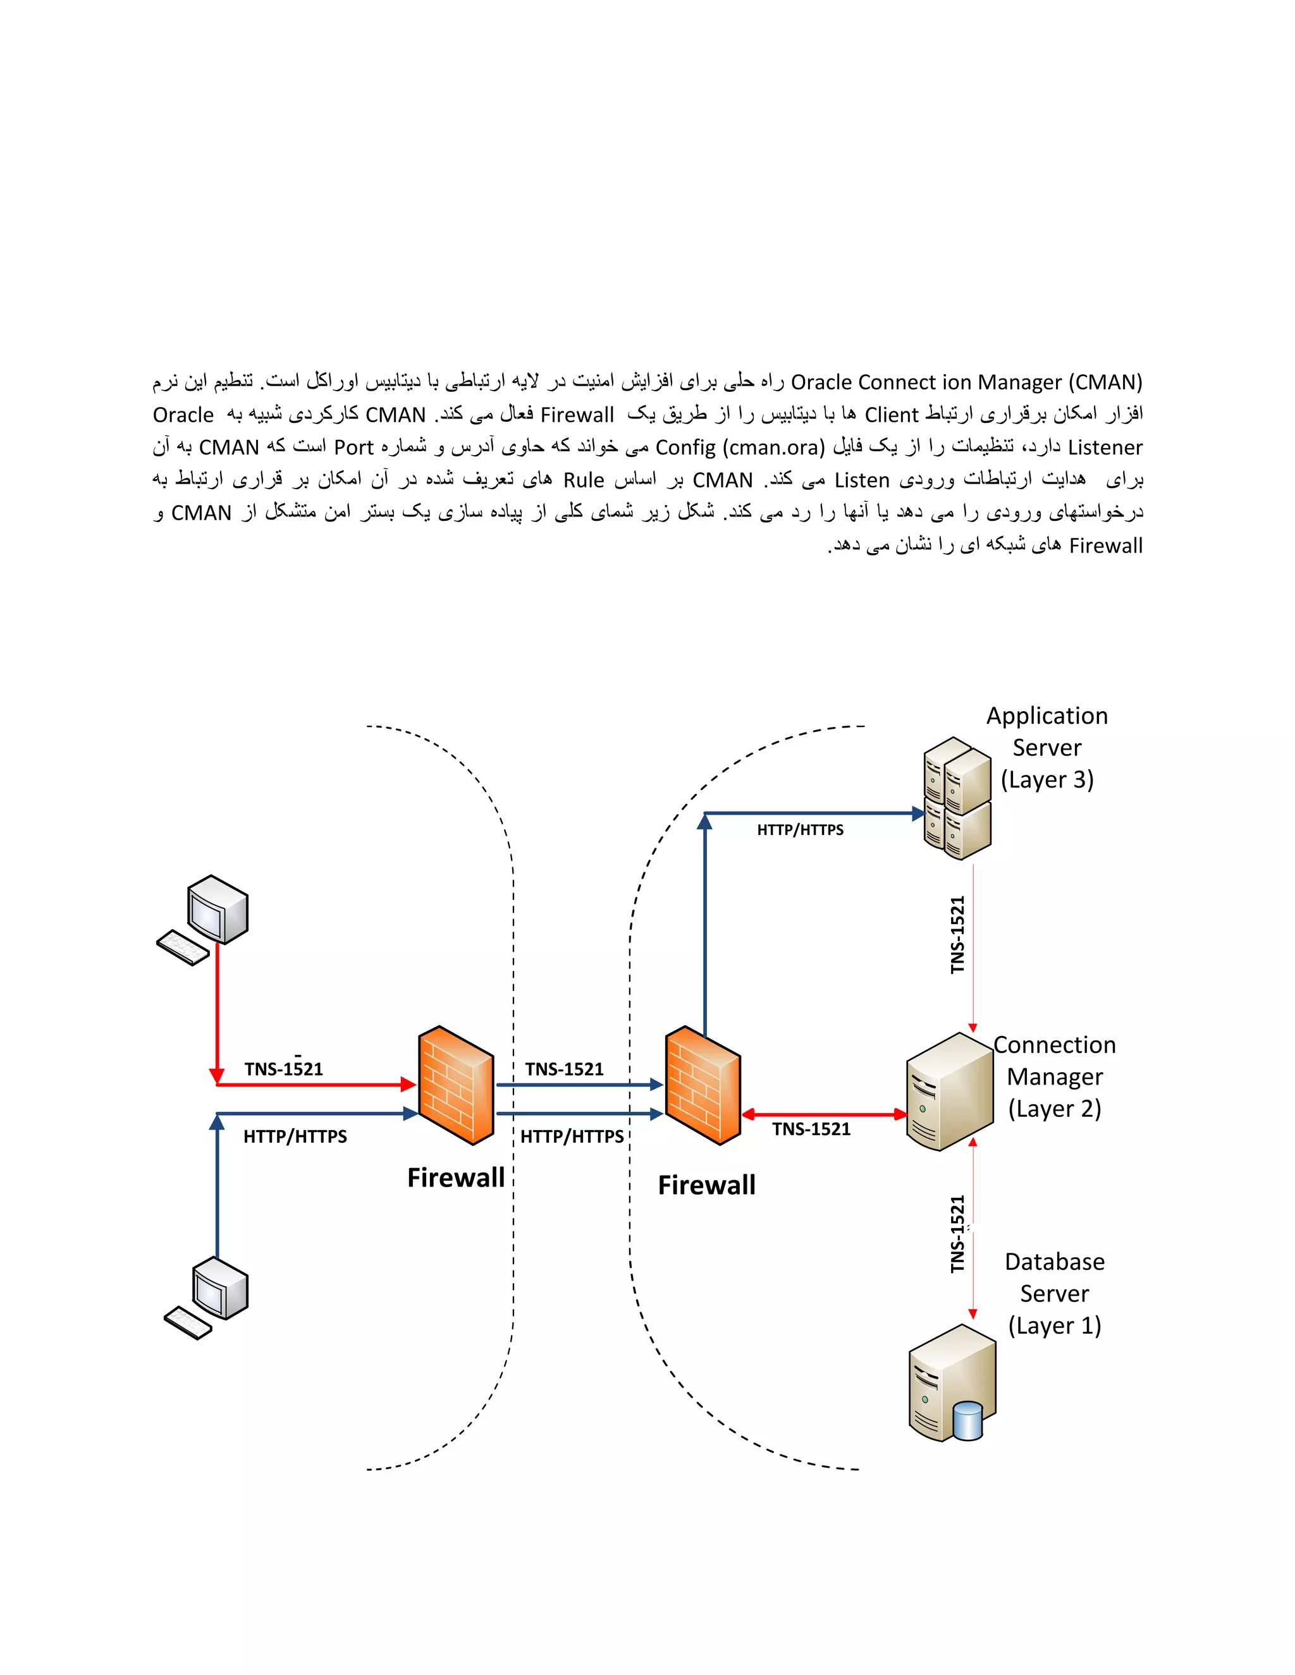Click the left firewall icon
pos(456,1085)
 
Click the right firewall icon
pos(703,1085)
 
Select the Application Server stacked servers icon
pos(957,798)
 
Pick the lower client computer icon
pos(208,1297)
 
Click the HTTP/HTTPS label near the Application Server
pos(800,830)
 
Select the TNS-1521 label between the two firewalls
pos(564,1069)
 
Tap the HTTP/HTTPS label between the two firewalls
pos(572,1136)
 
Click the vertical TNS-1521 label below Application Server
pos(957,935)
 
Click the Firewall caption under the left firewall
pos(456,1178)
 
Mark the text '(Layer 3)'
pos(1047,780)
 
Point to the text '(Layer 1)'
pos(1054,1325)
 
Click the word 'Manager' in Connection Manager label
pos(1054,1077)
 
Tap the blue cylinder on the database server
pos(968,1420)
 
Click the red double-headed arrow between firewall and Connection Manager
pos(825,1114)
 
